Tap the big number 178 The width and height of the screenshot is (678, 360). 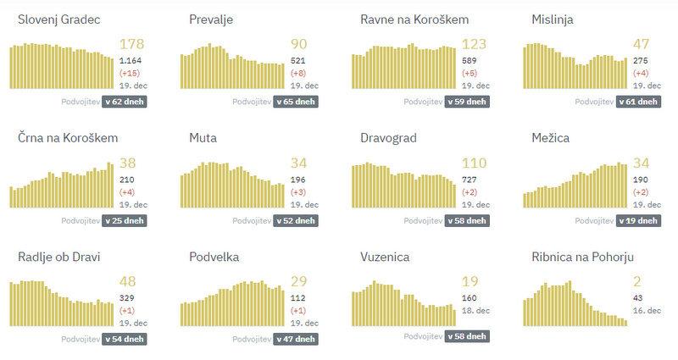[133, 44]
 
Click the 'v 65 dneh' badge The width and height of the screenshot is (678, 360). [297, 102]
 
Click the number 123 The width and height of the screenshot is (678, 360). [475, 44]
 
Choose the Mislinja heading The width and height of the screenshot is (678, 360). [553, 19]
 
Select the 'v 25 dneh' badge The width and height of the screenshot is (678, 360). [125, 220]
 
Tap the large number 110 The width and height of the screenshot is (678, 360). [475, 163]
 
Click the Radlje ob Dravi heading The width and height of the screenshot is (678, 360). [59, 257]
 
